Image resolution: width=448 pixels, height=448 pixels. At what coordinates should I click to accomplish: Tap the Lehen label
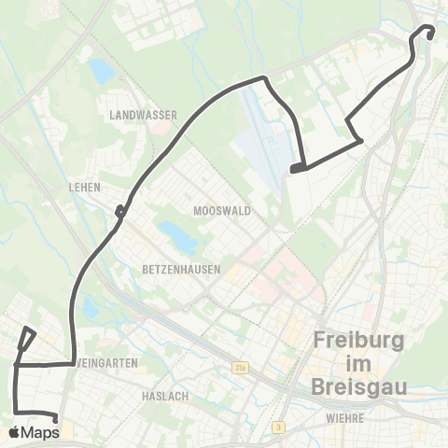coord(84,187)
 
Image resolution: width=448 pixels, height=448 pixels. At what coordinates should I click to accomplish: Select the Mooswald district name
coord(221,211)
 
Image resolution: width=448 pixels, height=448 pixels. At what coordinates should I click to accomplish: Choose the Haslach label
coord(165,396)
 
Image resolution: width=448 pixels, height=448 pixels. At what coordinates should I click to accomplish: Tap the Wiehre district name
coord(344,419)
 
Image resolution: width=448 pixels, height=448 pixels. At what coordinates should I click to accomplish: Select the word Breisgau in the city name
coord(359,385)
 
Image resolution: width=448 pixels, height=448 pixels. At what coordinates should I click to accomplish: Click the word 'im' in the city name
coord(359,362)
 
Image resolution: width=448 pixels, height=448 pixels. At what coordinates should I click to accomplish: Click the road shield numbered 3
coord(278,427)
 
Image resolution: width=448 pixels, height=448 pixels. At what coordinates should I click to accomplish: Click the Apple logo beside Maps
coord(16,432)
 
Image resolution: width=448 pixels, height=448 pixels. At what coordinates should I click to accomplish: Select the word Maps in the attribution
coord(40,432)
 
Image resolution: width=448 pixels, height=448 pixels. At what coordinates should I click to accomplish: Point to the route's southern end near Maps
coord(57,421)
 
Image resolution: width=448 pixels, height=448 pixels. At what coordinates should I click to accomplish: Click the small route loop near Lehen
coord(120,212)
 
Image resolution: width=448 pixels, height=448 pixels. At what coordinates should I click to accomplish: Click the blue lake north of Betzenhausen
coord(176,237)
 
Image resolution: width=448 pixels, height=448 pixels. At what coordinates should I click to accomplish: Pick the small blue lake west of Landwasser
coord(101,71)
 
